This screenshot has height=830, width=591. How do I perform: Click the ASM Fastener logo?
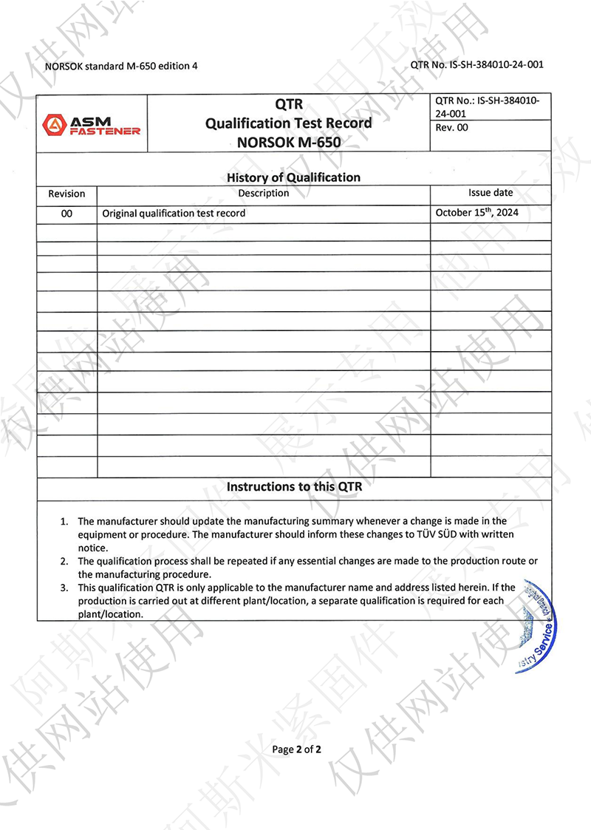(92, 124)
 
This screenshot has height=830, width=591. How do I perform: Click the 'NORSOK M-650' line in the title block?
(289, 142)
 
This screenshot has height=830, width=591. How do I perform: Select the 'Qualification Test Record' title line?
(289, 123)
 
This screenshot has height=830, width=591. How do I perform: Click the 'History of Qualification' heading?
(293, 177)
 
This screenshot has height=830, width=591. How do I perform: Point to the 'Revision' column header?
(66, 194)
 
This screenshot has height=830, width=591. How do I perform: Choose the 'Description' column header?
(264, 194)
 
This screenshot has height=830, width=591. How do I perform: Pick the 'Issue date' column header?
(491, 193)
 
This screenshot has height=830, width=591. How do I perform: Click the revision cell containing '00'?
(66, 213)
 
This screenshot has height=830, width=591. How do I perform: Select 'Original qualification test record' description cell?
(174, 213)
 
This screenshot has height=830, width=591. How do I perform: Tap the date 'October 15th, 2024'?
(477, 212)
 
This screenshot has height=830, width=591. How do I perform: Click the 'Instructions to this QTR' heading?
(294, 487)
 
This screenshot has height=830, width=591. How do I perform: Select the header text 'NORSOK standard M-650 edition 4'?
(121, 65)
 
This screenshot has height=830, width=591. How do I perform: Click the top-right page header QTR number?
(476, 64)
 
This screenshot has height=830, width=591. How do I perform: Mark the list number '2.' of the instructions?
(65, 562)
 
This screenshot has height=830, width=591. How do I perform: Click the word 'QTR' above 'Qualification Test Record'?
(288, 105)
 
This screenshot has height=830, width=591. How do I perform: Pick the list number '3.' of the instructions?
(65, 588)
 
